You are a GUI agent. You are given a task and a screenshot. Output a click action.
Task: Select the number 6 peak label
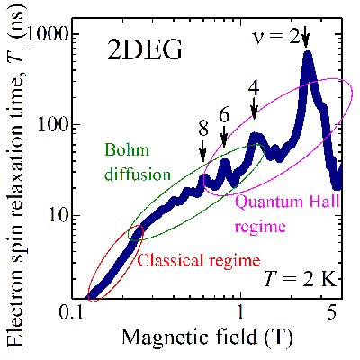coord(224,113)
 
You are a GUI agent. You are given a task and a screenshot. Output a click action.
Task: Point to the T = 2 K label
coord(305,280)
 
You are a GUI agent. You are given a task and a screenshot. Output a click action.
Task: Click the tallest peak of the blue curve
coord(308,56)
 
